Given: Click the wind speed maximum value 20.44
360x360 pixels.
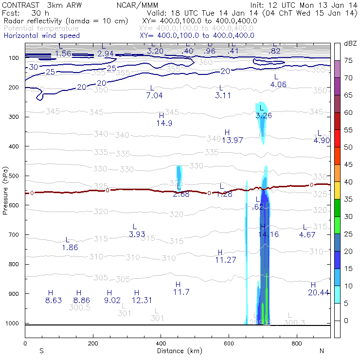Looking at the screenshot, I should click(x=319, y=292).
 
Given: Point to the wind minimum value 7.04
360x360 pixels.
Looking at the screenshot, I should click(x=154, y=95).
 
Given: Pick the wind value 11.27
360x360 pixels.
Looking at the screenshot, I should click(x=225, y=260).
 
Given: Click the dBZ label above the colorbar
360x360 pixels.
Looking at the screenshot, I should click(x=350, y=44).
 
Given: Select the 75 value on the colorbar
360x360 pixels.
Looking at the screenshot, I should click(x=348, y=61).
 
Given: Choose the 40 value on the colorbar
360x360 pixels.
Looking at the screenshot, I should click(x=348, y=181).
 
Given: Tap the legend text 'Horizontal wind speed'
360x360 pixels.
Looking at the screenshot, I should click(x=42, y=36).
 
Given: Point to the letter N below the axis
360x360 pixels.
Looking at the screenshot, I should click(x=322, y=350).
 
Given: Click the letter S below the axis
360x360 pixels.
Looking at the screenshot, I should click(x=41, y=350).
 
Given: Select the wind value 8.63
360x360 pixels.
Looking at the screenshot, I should click(x=54, y=300).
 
